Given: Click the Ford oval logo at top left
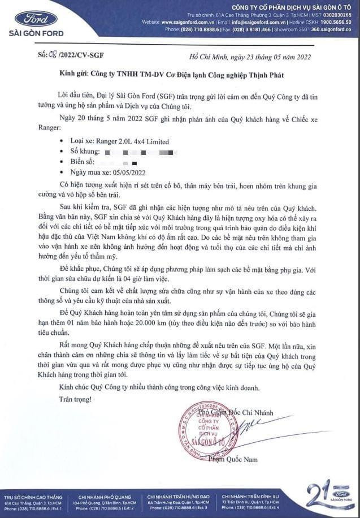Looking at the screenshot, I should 36,18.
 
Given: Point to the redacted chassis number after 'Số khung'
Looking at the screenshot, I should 138,152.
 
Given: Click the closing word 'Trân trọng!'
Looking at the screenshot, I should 74,400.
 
